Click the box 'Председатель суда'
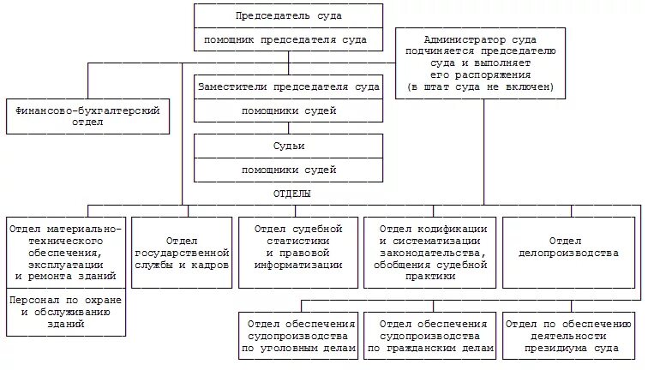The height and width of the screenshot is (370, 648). click(x=288, y=15)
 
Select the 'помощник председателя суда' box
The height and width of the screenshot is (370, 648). click(x=288, y=40)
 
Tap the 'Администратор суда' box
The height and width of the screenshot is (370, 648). click(x=479, y=40)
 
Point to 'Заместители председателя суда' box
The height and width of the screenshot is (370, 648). click(x=288, y=87)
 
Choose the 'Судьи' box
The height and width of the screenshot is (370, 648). click(x=288, y=146)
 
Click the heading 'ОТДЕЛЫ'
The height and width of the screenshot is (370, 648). click(x=291, y=194)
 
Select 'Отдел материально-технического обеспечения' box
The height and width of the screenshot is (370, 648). click(x=65, y=253)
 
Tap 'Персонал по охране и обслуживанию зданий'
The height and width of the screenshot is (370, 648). click(x=65, y=313)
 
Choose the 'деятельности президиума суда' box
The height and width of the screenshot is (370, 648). click(x=568, y=336)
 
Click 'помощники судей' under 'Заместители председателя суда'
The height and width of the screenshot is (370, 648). click(x=288, y=110)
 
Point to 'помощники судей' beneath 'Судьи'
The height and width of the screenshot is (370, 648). click(x=288, y=170)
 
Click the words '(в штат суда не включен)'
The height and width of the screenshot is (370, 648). click(x=480, y=87)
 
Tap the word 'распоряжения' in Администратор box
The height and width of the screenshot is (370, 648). click(x=480, y=75)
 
